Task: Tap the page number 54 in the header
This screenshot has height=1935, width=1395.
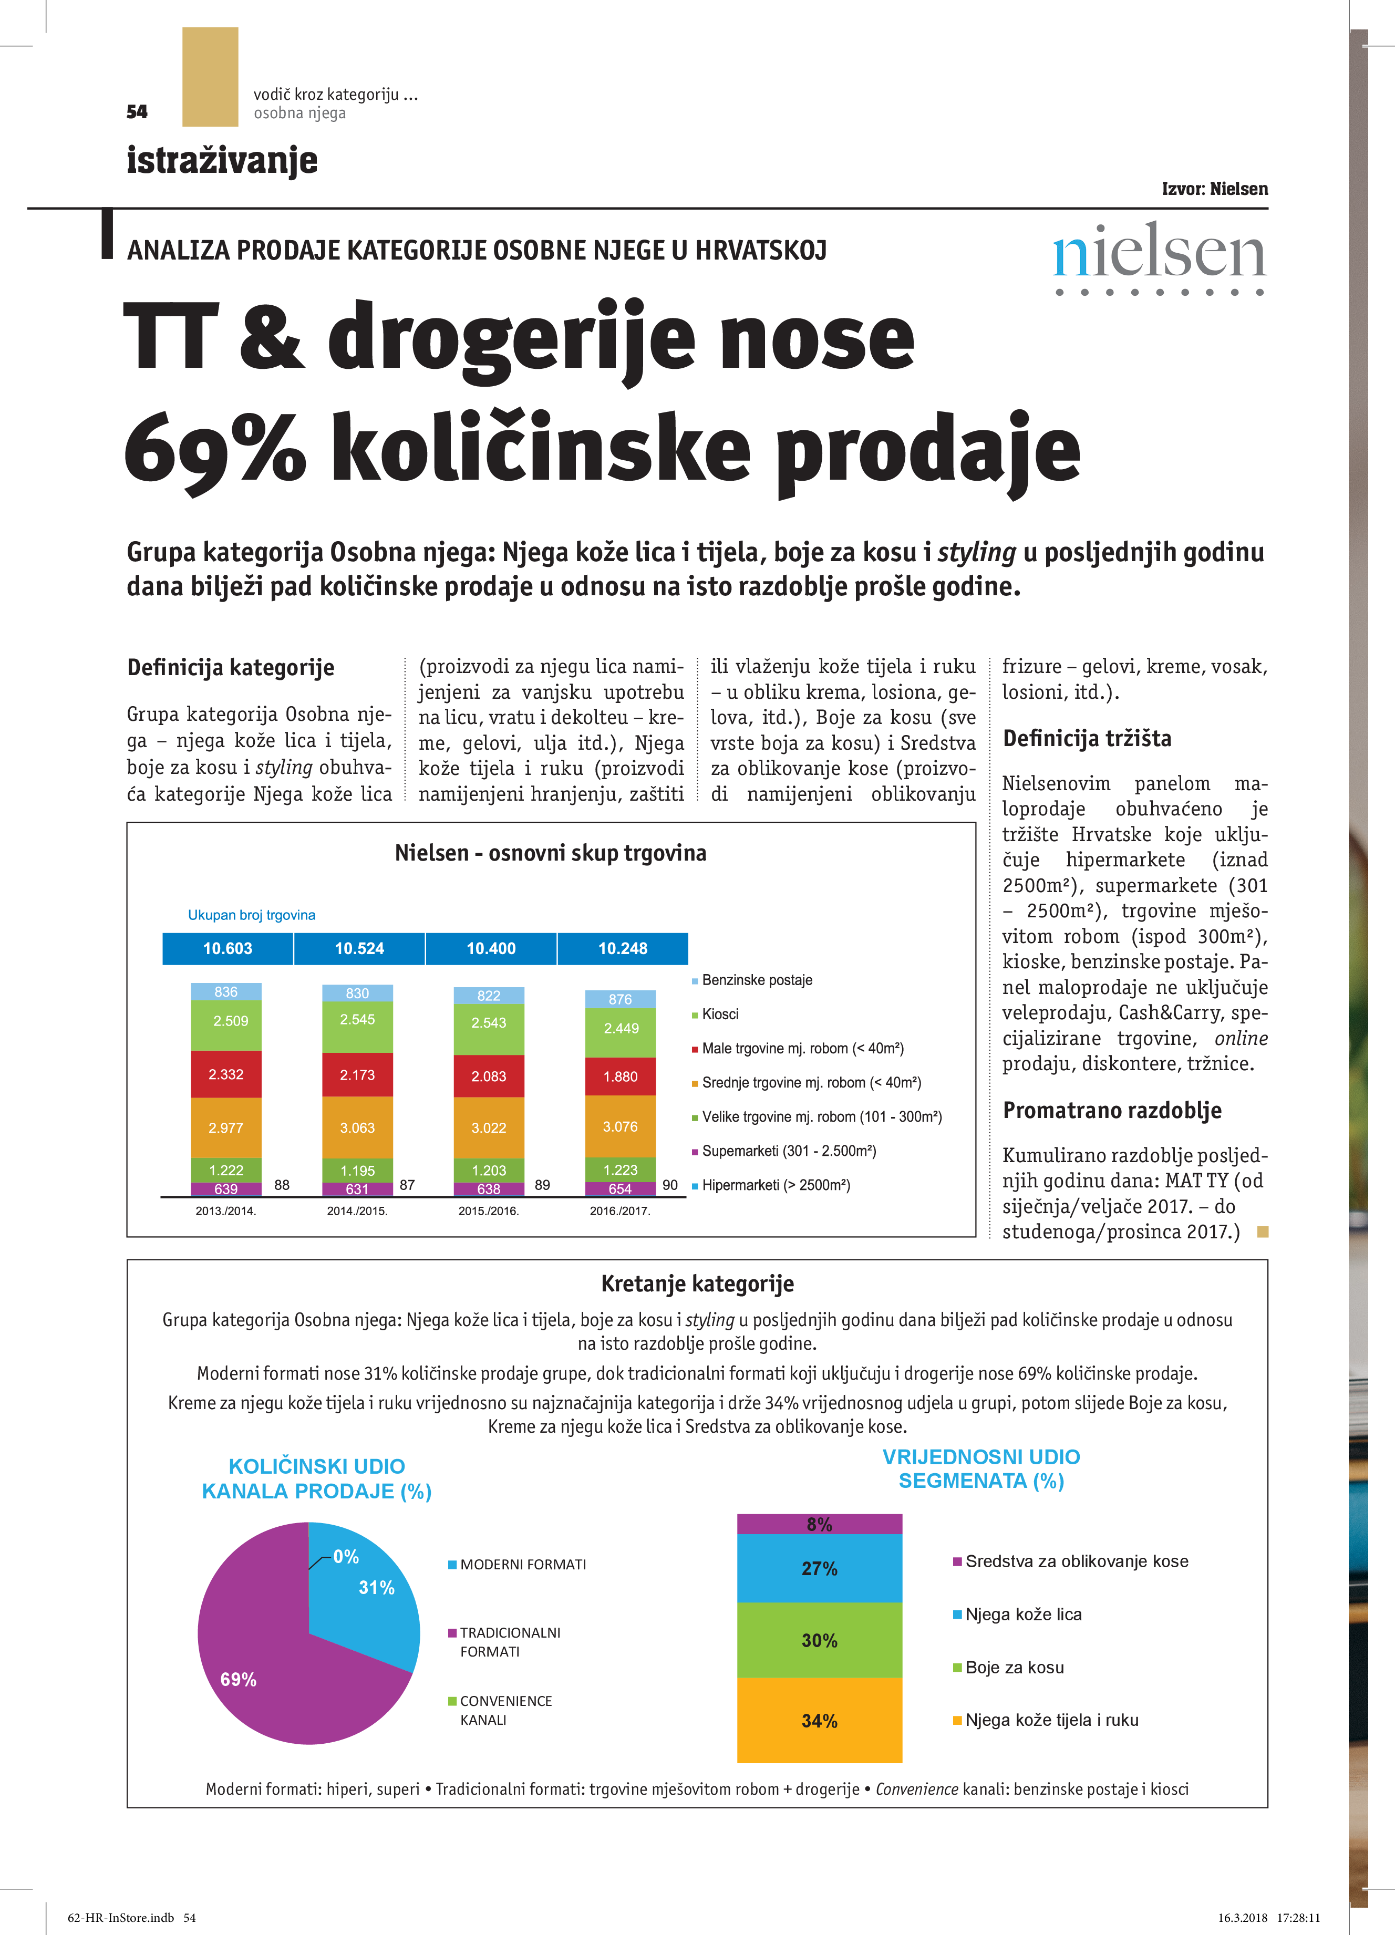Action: [x=137, y=112]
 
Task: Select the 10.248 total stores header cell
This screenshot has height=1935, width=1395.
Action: [x=622, y=949]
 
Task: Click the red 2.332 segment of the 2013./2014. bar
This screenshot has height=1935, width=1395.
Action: [x=226, y=1074]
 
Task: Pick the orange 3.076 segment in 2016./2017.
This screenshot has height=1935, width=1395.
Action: [x=621, y=1126]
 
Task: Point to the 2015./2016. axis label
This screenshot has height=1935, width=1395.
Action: [x=489, y=1210]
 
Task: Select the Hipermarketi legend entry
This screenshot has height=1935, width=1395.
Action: [x=774, y=1185]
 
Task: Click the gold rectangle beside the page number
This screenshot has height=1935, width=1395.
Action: [x=210, y=77]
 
